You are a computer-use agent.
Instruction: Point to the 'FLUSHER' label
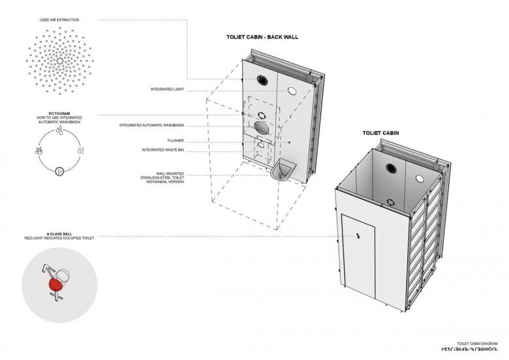coord(174,140)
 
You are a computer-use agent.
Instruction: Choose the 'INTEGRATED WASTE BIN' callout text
coord(162,150)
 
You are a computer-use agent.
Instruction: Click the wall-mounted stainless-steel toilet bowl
coord(283,172)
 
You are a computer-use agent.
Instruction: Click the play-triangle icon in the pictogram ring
coord(59,172)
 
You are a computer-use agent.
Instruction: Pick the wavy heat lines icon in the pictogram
coord(80,151)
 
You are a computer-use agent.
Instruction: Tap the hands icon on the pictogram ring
coord(39,151)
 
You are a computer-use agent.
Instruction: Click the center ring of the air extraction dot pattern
coord(59,61)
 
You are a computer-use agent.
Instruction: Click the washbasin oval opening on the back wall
coord(261,127)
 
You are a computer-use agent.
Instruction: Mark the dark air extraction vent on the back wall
coord(262,81)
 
